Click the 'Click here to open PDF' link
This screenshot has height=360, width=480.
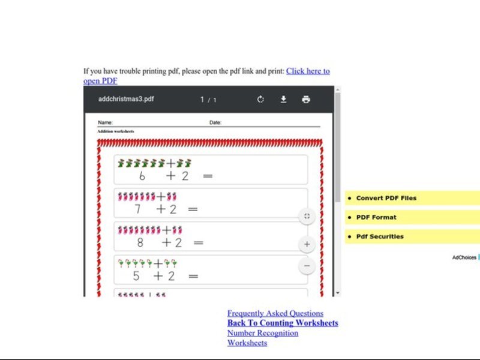(307, 71)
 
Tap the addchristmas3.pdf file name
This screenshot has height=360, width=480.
(125, 99)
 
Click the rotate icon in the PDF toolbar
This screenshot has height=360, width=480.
(260, 100)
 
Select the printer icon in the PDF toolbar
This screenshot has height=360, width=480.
(306, 100)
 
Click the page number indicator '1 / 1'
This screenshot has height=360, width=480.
(208, 100)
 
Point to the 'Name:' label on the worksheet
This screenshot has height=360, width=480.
(105, 123)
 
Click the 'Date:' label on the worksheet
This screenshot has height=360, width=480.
(215, 123)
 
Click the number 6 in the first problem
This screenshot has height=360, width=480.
(142, 176)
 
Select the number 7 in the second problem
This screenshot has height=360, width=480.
(138, 209)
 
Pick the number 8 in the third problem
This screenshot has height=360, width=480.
(140, 242)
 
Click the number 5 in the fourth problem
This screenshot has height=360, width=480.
(136, 276)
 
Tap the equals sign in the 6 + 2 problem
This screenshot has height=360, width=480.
(208, 176)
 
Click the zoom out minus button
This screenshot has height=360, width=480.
(307, 266)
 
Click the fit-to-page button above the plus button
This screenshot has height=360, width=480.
(307, 217)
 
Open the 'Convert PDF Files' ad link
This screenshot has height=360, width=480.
(386, 198)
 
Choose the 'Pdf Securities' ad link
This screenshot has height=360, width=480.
(380, 236)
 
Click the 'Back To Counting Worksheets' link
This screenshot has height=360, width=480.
(282, 323)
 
